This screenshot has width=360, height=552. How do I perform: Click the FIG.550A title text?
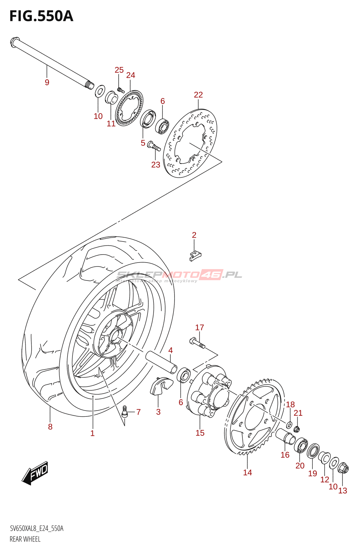(x=41, y=16)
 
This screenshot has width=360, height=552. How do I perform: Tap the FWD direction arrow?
(x=35, y=472)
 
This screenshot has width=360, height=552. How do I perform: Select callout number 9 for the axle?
(x=47, y=82)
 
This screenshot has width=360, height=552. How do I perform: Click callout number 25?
(x=119, y=70)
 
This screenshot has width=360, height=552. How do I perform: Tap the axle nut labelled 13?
(x=343, y=469)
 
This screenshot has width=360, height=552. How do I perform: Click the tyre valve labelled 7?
(x=125, y=411)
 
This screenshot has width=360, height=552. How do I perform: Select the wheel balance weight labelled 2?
(x=195, y=255)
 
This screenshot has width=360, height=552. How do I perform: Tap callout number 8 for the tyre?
(x=50, y=427)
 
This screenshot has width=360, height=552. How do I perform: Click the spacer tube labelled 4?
(x=161, y=362)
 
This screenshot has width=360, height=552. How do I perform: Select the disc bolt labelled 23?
(x=154, y=147)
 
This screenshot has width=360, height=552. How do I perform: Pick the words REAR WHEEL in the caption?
(x=25, y=539)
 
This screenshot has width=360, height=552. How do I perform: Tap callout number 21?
(x=298, y=413)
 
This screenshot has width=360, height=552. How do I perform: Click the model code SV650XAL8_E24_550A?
(x=37, y=529)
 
